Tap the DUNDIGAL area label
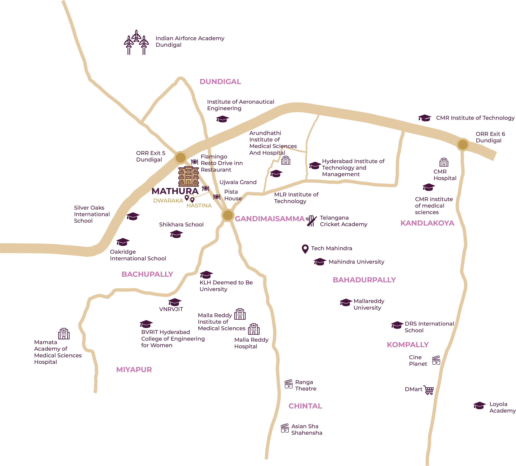(x=220, y=82)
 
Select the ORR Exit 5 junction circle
(x=180, y=157)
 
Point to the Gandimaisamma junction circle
(x=228, y=215)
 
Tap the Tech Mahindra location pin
(x=305, y=249)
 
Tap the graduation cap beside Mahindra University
(x=320, y=262)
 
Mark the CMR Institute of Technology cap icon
(x=424, y=118)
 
